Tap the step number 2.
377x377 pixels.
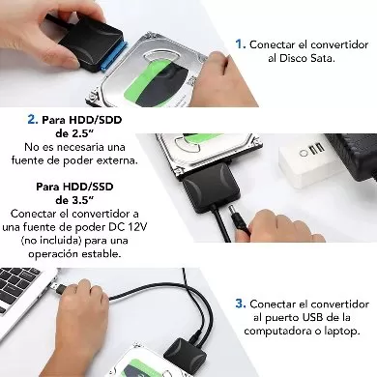click(33, 119)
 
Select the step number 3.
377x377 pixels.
click(240, 302)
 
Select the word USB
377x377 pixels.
click(312, 316)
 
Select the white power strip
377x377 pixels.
click(309, 155)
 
